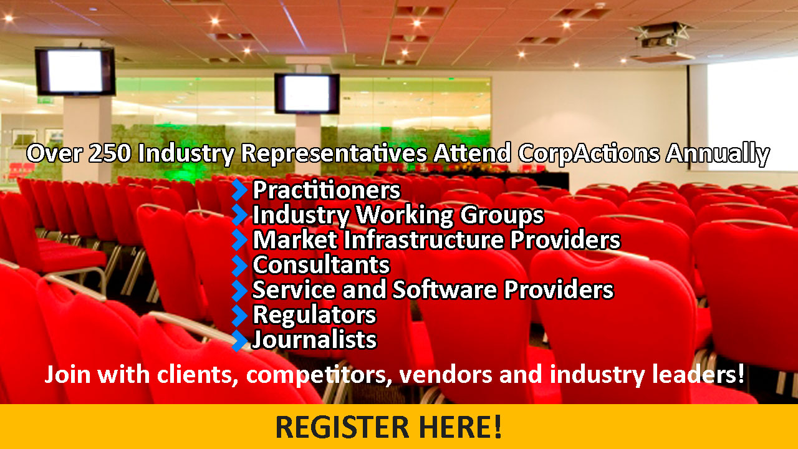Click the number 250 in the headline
110,153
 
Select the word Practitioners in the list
327,190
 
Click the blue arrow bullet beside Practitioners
239,190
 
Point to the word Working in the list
405,216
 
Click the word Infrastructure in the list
423,239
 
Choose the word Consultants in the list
321,265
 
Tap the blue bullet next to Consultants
239,265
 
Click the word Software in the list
445,289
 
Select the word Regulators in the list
314,315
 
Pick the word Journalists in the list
314,340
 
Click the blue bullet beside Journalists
239,340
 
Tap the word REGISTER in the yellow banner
343,427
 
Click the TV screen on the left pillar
75,71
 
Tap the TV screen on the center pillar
307,94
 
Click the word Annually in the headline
718,154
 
